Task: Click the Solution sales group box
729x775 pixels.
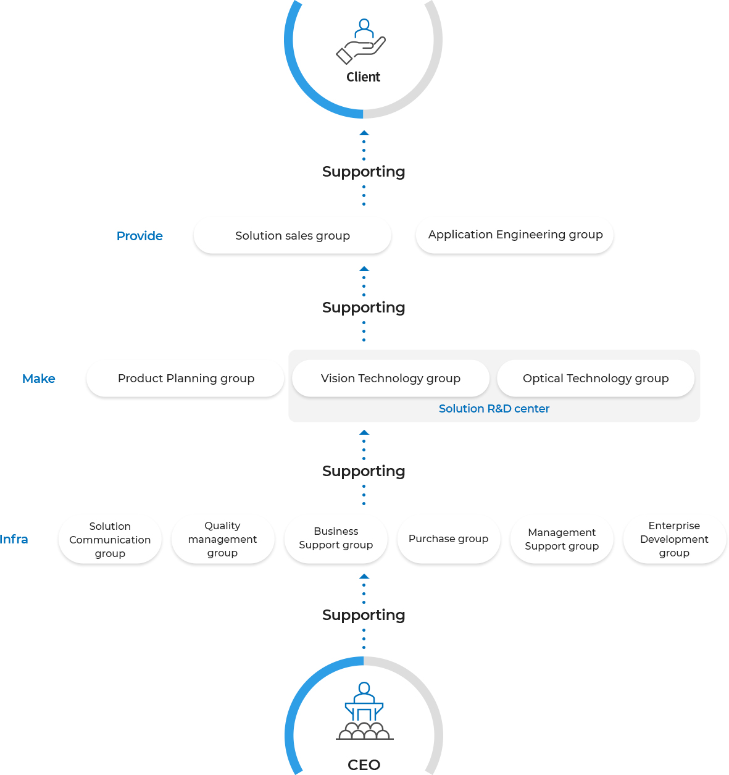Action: (x=293, y=235)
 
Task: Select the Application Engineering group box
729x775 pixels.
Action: (x=515, y=235)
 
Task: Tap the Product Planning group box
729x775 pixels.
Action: (x=185, y=378)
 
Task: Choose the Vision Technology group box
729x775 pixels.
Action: (x=391, y=378)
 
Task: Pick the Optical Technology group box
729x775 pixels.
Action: (x=596, y=378)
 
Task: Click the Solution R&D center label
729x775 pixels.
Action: (x=494, y=409)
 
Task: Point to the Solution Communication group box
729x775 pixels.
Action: (x=110, y=539)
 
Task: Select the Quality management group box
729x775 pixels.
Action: (x=223, y=539)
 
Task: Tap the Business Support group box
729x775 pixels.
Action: (x=336, y=539)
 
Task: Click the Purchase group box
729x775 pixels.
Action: (x=449, y=539)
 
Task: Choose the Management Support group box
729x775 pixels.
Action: (x=562, y=539)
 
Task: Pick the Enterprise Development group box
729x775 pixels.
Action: (x=675, y=539)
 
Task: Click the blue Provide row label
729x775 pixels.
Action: (x=140, y=236)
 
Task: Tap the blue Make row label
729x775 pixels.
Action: (x=39, y=379)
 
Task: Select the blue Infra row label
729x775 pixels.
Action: (x=14, y=539)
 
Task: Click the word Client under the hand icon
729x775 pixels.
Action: (x=364, y=77)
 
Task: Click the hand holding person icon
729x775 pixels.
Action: (x=361, y=41)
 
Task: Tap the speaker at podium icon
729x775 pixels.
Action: (x=364, y=711)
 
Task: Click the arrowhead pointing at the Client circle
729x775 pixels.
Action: (x=364, y=133)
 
